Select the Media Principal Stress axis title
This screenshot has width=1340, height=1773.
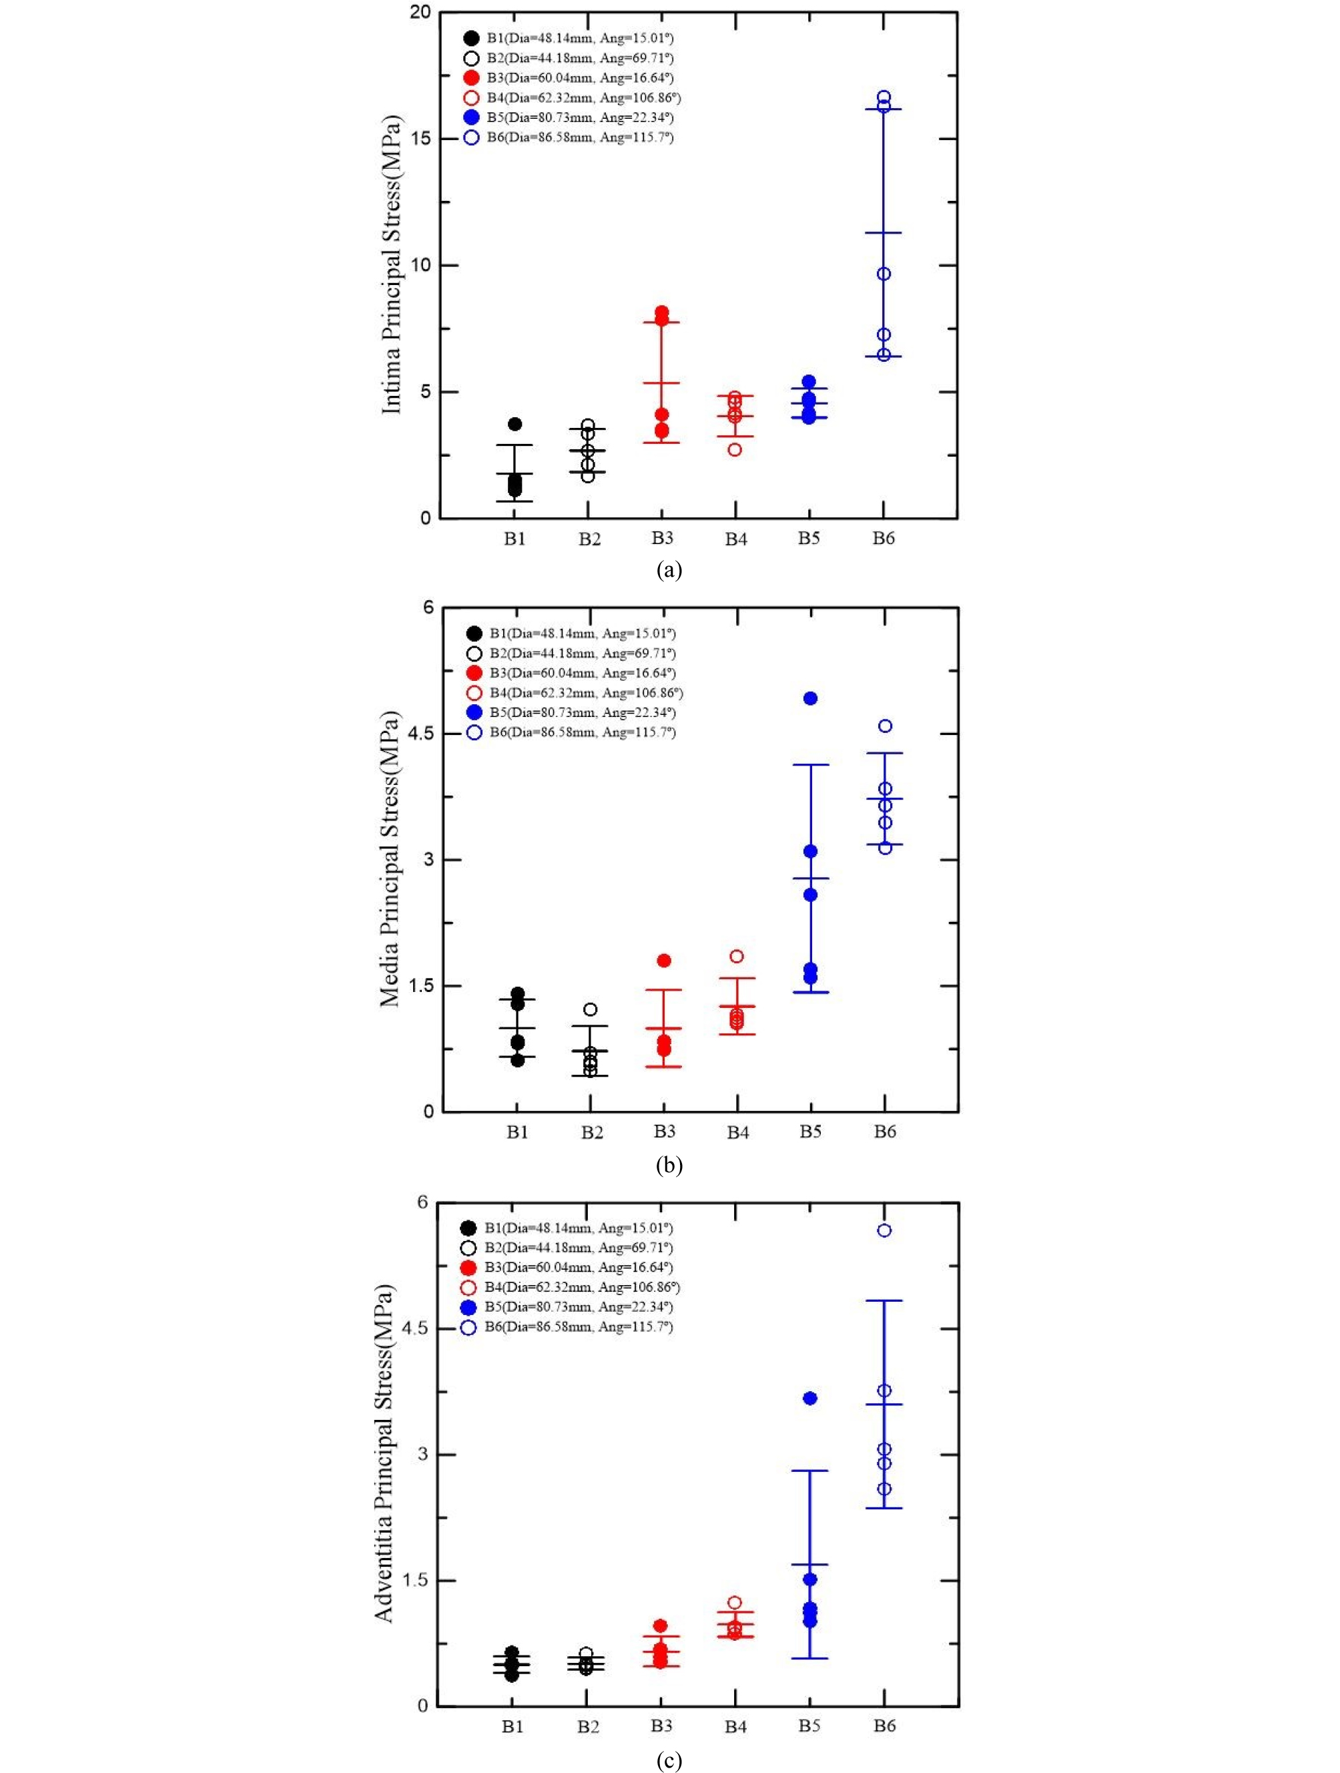click(x=390, y=859)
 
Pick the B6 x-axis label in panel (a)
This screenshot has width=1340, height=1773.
click(x=883, y=539)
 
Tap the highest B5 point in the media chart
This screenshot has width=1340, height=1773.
click(x=810, y=698)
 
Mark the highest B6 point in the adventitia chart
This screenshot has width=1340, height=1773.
click(x=884, y=1230)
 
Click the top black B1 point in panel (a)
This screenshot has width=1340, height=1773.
click(x=515, y=424)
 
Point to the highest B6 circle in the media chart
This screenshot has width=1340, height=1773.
click(x=885, y=726)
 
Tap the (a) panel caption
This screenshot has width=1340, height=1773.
click(x=669, y=571)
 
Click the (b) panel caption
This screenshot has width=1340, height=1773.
click(x=669, y=1165)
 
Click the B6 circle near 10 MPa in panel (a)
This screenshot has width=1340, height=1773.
click(x=883, y=274)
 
